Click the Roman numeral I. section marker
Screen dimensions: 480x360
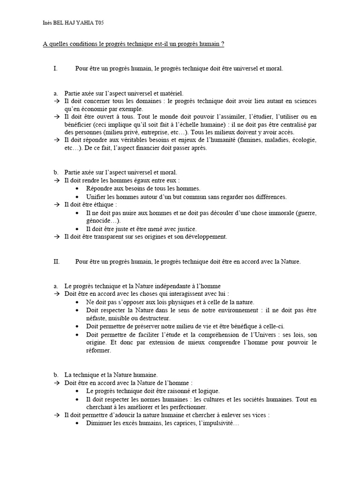(x=55, y=68)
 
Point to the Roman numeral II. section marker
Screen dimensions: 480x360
(x=56, y=262)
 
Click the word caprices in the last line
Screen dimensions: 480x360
(x=184, y=423)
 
